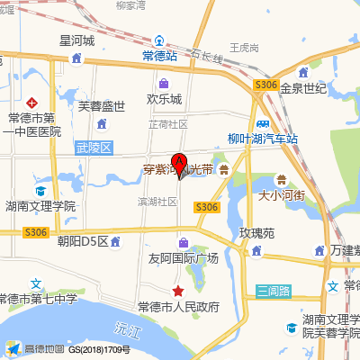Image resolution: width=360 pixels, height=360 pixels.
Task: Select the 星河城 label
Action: coord(77,40)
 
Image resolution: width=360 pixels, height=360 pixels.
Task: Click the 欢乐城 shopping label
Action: coord(165,99)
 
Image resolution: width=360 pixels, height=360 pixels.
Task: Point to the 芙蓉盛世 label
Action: coord(102,105)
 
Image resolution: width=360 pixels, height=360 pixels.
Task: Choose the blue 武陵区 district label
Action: coord(93,147)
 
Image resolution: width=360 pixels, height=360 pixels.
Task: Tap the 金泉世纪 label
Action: coord(302,89)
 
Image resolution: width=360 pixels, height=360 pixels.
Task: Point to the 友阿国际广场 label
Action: coord(184,258)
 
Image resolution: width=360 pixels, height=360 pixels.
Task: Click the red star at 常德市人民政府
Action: coord(179,291)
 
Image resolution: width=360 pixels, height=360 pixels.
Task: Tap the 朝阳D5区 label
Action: coord(82,241)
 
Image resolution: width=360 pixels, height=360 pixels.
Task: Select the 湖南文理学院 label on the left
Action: coord(40,206)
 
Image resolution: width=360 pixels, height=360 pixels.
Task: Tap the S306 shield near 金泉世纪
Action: coord(265,85)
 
